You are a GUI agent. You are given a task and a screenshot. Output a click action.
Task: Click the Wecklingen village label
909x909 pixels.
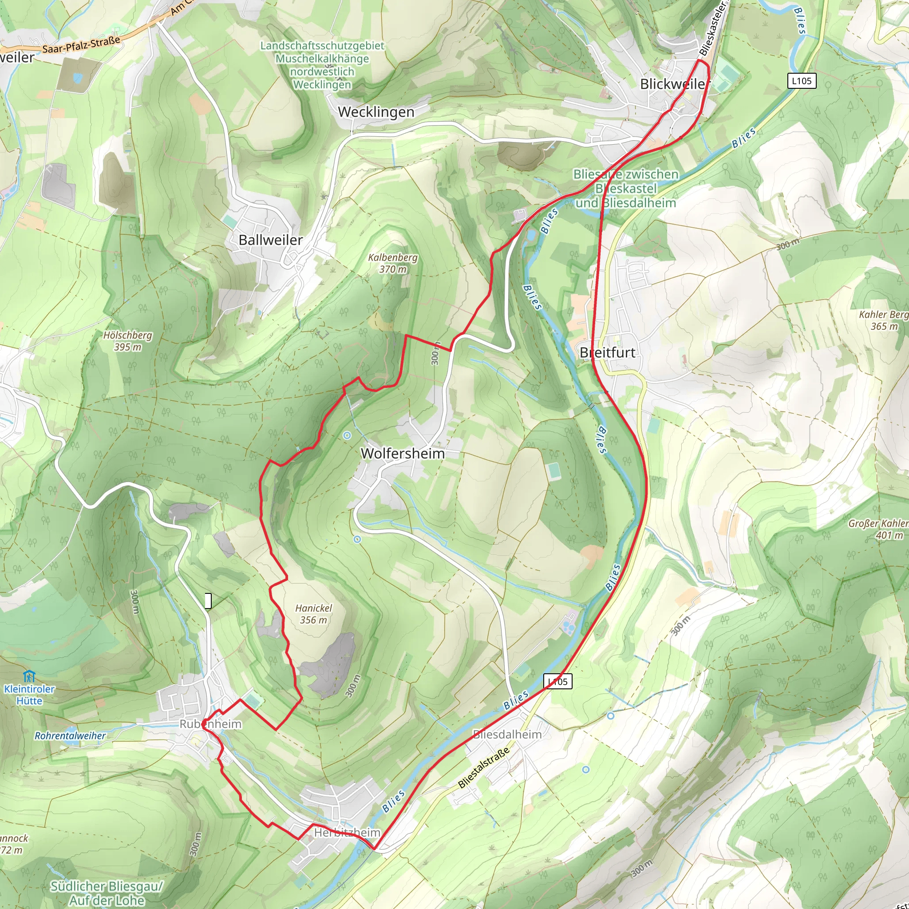(376, 112)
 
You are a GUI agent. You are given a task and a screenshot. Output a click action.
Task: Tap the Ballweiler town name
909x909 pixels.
(271, 240)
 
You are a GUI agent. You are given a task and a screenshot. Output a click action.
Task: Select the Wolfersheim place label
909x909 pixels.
(402, 454)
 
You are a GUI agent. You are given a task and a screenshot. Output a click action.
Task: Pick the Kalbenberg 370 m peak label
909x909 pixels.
(392, 264)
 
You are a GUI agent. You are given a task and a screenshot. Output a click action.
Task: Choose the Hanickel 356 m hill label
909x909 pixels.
(313, 614)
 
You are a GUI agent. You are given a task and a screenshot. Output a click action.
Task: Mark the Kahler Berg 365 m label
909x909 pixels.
(883, 320)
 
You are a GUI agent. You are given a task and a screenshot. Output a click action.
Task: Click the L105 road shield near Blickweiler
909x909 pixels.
(801, 81)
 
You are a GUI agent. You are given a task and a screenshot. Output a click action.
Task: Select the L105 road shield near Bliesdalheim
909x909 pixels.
(557, 681)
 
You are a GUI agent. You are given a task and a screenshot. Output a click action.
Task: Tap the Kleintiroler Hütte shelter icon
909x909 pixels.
(29, 677)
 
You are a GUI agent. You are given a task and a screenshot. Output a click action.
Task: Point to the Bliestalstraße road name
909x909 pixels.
(484, 768)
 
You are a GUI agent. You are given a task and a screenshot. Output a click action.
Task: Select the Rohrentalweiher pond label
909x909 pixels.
(70, 736)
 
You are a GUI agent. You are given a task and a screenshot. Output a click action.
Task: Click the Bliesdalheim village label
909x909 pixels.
(507, 735)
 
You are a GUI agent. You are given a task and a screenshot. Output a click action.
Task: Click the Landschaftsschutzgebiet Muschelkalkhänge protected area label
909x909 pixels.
(322, 65)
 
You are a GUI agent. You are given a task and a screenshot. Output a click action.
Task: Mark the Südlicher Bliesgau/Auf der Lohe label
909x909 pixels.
(107, 893)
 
